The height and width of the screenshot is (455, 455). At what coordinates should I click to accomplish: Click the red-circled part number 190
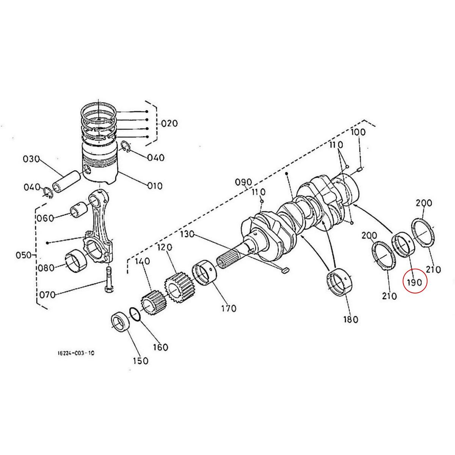tap(414, 282)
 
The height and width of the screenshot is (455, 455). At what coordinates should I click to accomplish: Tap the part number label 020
tap(169, 124)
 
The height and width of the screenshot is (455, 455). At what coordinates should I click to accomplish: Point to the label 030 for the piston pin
tap(31, 159)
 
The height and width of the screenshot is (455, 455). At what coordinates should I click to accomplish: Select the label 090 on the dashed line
tap(243, 182)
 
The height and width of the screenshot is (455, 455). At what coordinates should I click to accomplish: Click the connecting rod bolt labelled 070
tap(108, 279)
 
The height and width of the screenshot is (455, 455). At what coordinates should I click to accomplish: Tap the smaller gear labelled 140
tap(152, 304)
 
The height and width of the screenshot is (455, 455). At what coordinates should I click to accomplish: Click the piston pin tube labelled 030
tap(67, 181)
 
